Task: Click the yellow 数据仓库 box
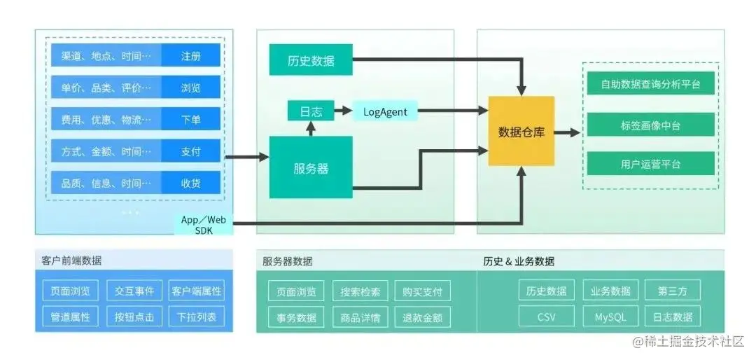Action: coord(521,131)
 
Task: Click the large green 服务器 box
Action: coord(311,167)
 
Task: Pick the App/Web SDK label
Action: coord(203,224)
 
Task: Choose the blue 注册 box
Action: coord(191,55)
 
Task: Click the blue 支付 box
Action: coord(191,151)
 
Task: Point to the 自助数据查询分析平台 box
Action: coord(650,83)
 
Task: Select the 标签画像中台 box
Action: coord(650,125)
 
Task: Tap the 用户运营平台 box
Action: coord(650,164)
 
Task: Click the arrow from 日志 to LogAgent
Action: coord(342,110)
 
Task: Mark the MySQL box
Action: coord(610,317)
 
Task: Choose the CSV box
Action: coord(546,317)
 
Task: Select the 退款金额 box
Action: coord(422,317)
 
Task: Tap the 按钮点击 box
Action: coord(134,317)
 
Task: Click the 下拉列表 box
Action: coord(197,317)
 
